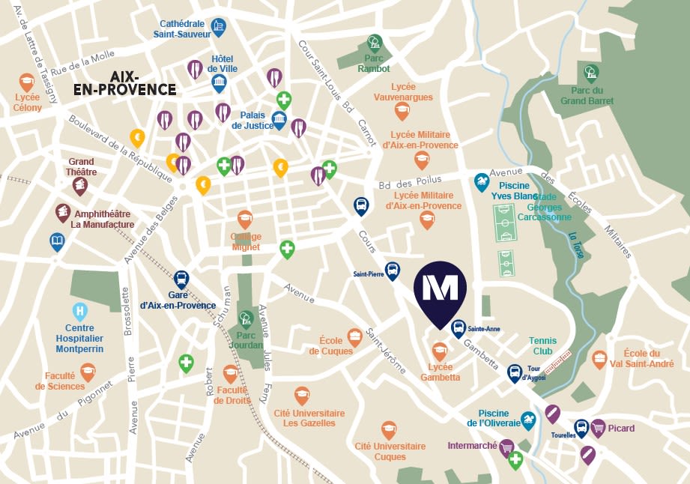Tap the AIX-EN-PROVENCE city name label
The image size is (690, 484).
click(x=124, y=83)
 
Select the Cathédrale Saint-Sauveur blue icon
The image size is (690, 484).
click(x=218, y=28)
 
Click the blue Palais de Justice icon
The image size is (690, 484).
click(x=279, y=120)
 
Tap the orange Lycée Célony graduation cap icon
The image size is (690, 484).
click(x=27, y=81)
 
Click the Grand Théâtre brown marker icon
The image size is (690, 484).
click(x=80, y=185)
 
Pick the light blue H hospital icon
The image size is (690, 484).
click(x=79, y=311)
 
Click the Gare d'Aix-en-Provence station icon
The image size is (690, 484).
click(x=182, y=279)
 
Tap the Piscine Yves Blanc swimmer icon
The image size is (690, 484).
click(x=482, y=182)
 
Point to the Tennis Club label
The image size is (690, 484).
click(x=542, y=345)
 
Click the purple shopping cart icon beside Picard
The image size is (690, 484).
click(x=598, y=428)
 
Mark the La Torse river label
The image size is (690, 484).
click(x=577, y=245)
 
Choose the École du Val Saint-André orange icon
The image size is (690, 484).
click(x=599, y=359)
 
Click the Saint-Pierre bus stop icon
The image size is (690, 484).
click(x=392, y=271)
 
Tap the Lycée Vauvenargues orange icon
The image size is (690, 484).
click(x=402, y=112)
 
